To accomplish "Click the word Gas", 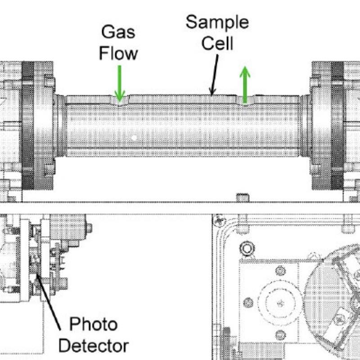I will [x=118, y=32].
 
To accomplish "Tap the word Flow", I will [x=118, y=53].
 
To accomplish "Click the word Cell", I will [x=217, y=43].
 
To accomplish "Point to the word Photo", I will [x=93, y=324].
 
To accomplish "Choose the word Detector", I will [x=93, y=346].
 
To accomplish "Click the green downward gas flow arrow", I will [x=119, y=83].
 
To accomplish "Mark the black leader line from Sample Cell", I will [x=215, y=75].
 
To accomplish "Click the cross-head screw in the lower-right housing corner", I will [x=220, y=220].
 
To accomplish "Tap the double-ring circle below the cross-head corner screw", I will [x=246, y=248].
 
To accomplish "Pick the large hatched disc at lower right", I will [x=333, y=297].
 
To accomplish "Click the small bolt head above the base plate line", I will [x=242, y=196].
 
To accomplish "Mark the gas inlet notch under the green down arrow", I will [x=119, y=101].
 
